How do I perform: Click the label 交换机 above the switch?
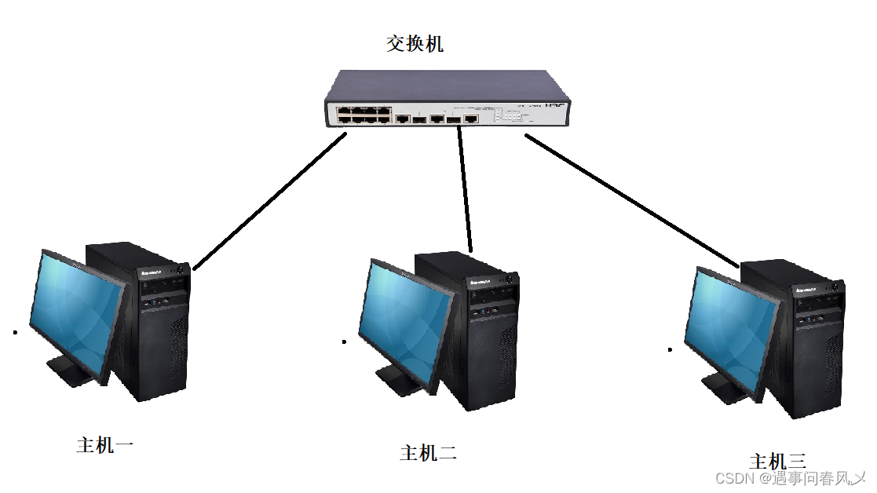415,43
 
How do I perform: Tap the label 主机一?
105,446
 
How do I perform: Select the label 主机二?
428,453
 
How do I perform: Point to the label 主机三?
777,461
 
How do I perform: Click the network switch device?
448,100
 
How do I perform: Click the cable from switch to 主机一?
269,202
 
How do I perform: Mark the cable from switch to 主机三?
633,200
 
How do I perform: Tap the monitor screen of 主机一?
77,315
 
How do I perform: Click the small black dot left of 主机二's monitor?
344,341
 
